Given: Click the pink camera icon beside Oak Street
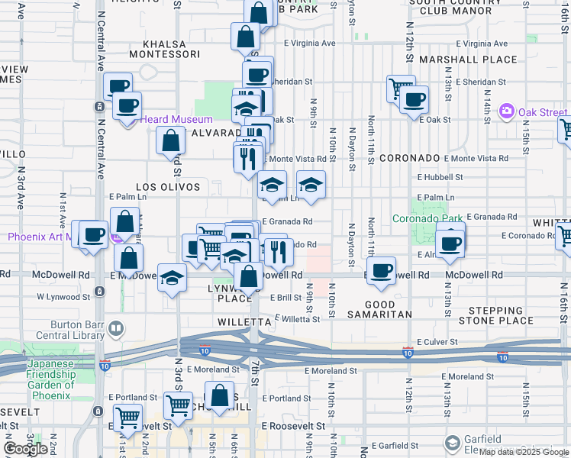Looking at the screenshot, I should pyautogui.click(x=505, y=112).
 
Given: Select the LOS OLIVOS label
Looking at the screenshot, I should pyautogui.click(x=168, y=187).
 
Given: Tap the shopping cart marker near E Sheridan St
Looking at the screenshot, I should pyautogui.click(x=400, y=89).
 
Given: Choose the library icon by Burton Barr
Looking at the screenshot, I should pyautogui.click(x=116, y=329).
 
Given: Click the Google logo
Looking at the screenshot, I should pyautogui.click(x=25, y=449).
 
